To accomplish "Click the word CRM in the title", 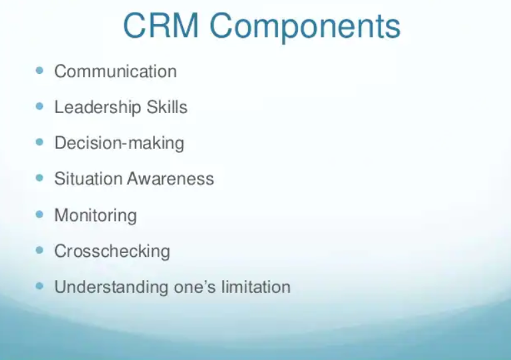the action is click(161, 26).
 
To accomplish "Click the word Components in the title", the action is click(305, 28).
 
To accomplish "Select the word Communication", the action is click(115, 71).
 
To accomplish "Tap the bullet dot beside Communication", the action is click(39, 71).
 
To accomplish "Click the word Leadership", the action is click(98, 107).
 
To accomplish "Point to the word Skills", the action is click(167, 106).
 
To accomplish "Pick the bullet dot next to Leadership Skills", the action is click(39, 106).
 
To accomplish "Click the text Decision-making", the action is click(119, 143).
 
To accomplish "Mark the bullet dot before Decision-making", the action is click(39, 142).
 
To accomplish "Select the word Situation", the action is click(88, 178).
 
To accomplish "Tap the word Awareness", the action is click(170, 178).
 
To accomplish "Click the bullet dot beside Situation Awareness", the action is click(39, 178).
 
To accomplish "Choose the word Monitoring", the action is click(96, 216).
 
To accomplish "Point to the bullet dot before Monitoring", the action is click(39, 214).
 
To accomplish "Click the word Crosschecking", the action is click(112, 252).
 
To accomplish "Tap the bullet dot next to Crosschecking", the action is click(39, 250).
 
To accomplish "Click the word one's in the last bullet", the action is click(195, 287).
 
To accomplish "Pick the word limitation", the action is click(255, 287).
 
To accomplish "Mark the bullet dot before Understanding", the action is click(39, 286).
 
